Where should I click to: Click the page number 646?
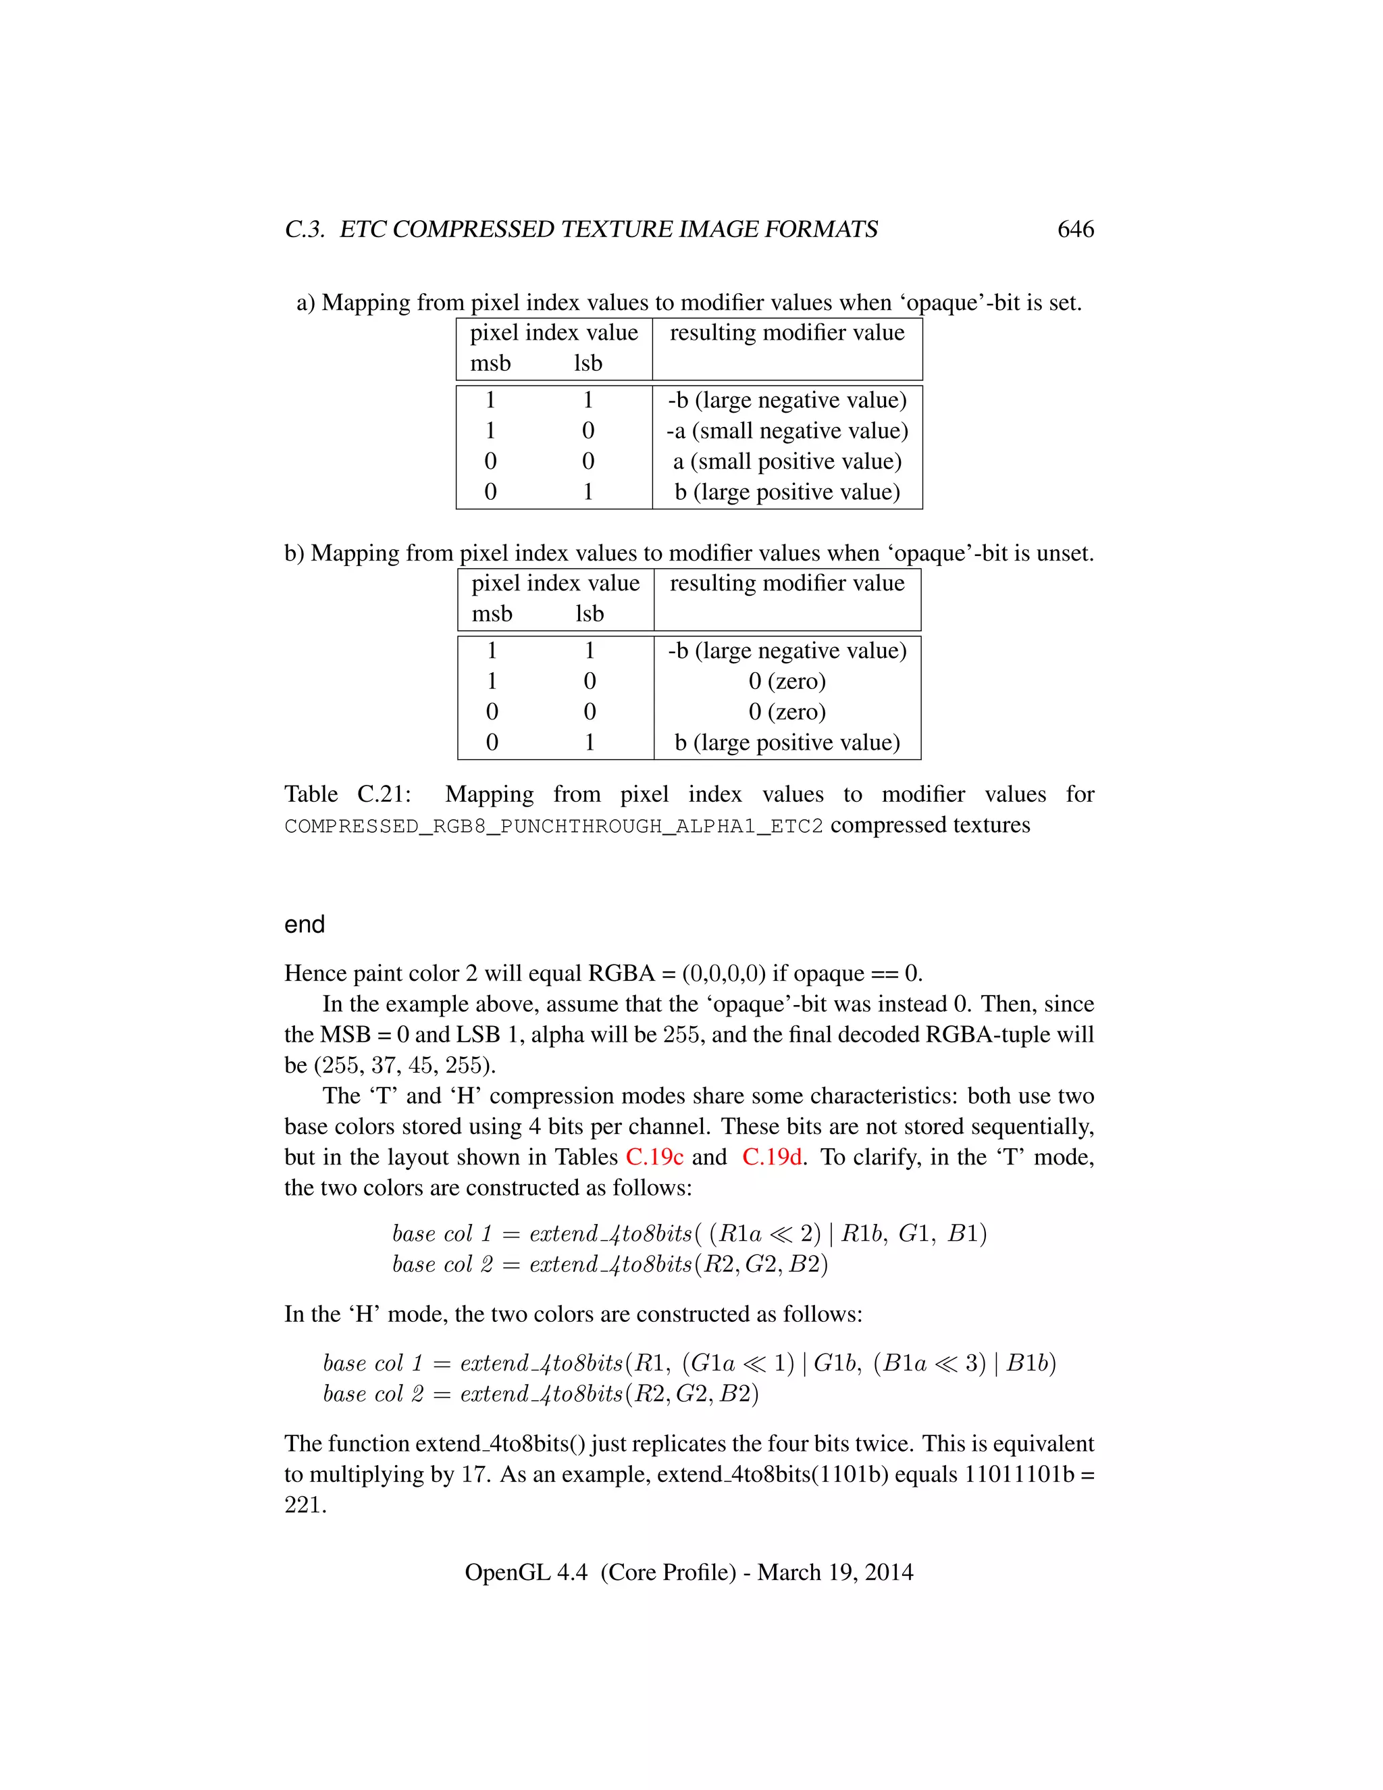tap(1075, 230)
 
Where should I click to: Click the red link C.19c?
tap(654, 1156)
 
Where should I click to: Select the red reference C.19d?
tap(772, 1156)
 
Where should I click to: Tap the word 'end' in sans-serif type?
tap(304, 925)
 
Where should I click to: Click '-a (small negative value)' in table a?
tap(787, 430)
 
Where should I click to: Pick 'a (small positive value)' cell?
tap(787, 461)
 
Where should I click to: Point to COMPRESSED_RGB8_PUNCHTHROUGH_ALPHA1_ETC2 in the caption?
tap(553, 825)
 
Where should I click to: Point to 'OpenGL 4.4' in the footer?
tap(525, 1572)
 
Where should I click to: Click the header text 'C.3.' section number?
tap(305, 230)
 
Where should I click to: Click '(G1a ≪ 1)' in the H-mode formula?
tap(738, 1363)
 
